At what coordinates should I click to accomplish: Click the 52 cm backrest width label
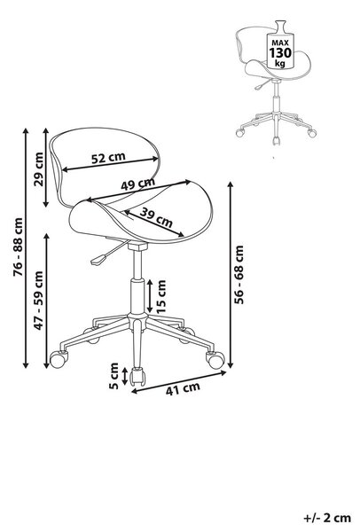[108, 158]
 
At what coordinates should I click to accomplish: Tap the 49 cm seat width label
[137, 184]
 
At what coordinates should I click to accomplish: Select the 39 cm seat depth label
[156, 217]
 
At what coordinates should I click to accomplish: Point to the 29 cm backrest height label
[39, 169]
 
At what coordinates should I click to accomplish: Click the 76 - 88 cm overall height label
[18, 246]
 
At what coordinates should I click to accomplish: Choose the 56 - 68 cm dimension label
[239, 275]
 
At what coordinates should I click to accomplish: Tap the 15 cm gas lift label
[161, 296]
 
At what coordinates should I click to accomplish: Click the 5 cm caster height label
[114, 376]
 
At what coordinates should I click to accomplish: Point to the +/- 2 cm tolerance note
[327, 518]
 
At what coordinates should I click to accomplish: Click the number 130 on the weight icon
[280, 53]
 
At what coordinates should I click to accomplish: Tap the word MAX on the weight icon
[280, 43]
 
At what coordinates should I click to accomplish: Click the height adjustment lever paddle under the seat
[98, 260]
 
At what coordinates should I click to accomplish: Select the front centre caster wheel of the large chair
[138, 376]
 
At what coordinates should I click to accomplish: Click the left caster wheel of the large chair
[59, 358]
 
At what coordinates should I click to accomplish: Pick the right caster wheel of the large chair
[215, 360]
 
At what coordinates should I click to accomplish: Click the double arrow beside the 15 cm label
[150, 296]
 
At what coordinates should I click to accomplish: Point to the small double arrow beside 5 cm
[125, 376]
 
